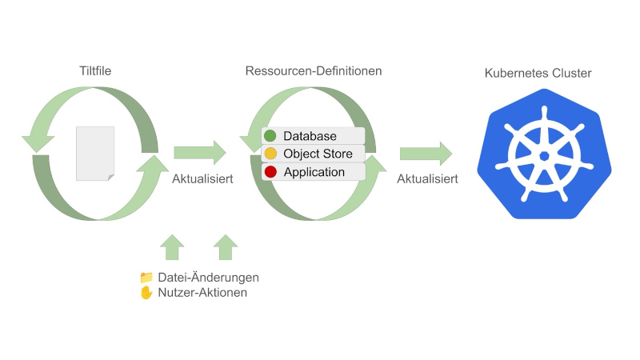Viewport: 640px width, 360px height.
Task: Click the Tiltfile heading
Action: (x=95, y=71)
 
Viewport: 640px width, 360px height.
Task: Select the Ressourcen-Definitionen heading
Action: (x=314, y=71)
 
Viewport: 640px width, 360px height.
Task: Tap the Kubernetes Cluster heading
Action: (x=538, y=74)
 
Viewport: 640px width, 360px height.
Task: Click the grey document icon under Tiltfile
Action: (x=95, y=153)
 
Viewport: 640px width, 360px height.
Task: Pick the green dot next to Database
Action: (x=270, y=136)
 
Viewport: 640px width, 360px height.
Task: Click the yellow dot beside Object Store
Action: (x=270, y=154)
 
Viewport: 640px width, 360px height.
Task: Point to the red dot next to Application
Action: (x=270, y=172)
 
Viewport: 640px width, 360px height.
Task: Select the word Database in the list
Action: (x=310, y=136)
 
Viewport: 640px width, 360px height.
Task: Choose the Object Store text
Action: (x=318, y=154)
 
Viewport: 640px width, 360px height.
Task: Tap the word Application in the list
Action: (x=314, y=172)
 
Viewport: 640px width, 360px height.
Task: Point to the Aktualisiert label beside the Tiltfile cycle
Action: (x=202, y=178)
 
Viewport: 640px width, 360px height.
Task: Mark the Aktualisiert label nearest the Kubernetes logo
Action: (x=427, y=178)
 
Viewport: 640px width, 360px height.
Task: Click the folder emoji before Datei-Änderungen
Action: (x=146, y=278)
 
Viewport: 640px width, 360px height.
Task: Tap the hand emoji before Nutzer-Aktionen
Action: (x=146, y=293)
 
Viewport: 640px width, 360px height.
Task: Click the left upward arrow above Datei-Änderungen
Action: (x=173, y=247)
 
